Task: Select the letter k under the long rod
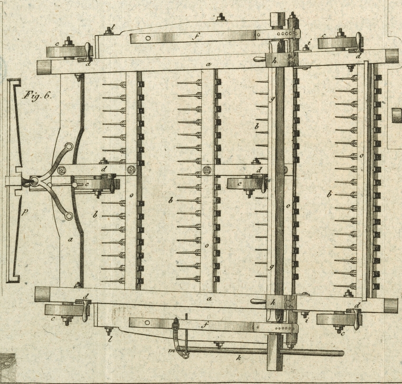[x=239, y=358]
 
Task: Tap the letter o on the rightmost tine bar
[x=362, y=155]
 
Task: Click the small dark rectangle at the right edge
[x=397, y=115]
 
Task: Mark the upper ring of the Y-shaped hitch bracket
[x=69, y=147]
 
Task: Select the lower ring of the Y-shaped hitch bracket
[x=69, y=216]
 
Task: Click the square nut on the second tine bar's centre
[x=207, y=170]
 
